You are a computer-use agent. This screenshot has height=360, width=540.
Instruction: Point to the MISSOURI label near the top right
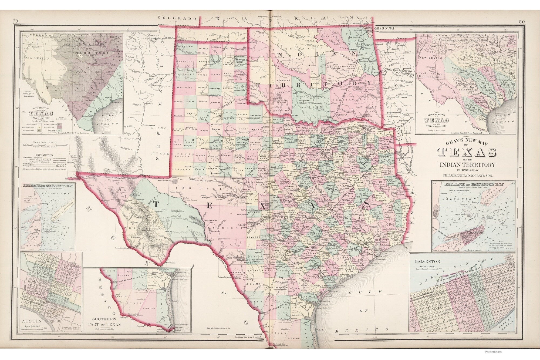tap(385, 28)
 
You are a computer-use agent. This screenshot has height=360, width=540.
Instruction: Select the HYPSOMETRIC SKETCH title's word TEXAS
tap(45, 113)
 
